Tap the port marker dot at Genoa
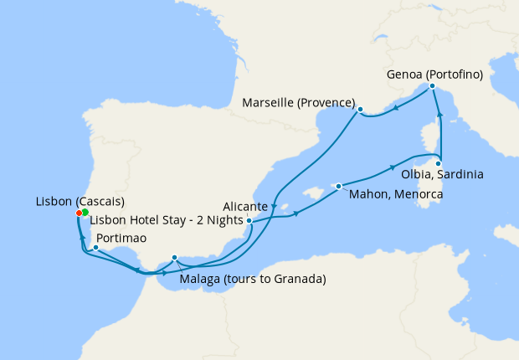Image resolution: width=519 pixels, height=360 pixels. point(432,86)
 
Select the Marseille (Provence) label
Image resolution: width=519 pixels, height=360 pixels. point(298,103)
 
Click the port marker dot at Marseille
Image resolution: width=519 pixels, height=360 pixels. point(360,110)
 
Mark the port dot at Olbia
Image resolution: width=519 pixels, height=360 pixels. point(438,163)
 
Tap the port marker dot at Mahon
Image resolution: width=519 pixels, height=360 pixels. point(338,186)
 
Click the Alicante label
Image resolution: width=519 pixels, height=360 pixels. point(245,206)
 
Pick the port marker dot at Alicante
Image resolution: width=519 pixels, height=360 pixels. point(249,221)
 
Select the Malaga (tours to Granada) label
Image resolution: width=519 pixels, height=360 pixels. point(253,278)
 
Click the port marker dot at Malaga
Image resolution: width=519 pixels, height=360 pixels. point(174,258)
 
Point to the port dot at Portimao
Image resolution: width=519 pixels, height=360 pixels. point(96,247)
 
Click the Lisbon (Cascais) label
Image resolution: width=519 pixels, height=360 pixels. point(80,202)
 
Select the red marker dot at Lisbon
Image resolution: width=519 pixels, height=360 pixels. point(79,213)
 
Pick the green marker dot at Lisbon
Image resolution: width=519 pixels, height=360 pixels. point(85,213)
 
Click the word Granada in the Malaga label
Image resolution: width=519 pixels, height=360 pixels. point(299,278)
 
